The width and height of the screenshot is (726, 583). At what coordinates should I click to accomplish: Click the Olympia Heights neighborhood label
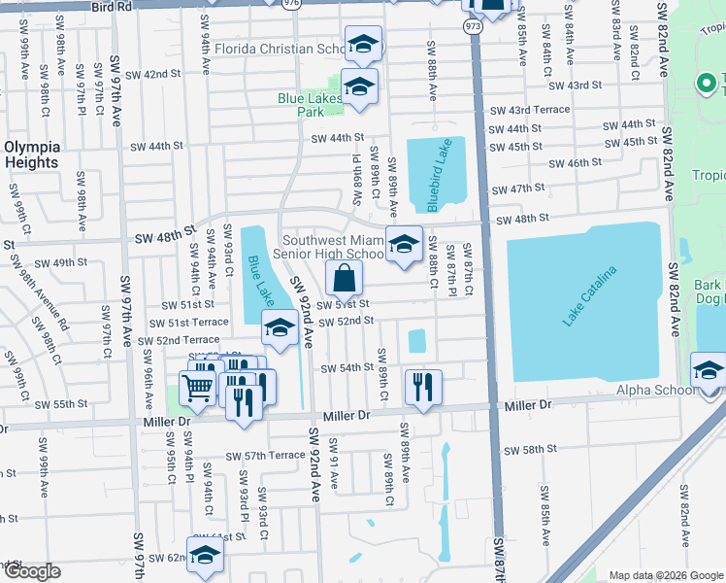[32, 154]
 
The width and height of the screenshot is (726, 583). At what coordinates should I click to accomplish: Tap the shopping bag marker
[345, 279]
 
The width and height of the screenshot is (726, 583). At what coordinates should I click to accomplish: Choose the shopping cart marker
[197, 389]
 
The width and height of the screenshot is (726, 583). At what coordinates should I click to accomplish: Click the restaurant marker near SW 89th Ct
[422, 386]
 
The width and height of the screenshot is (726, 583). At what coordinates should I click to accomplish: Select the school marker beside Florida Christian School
[363, 45]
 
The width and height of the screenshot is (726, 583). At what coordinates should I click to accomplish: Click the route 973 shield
[473, 26]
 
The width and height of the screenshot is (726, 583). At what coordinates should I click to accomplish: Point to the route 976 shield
[291, 4]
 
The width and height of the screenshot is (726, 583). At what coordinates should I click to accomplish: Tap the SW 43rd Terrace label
[530, 110]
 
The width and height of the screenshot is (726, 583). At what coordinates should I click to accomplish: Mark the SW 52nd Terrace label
[179, 340]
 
